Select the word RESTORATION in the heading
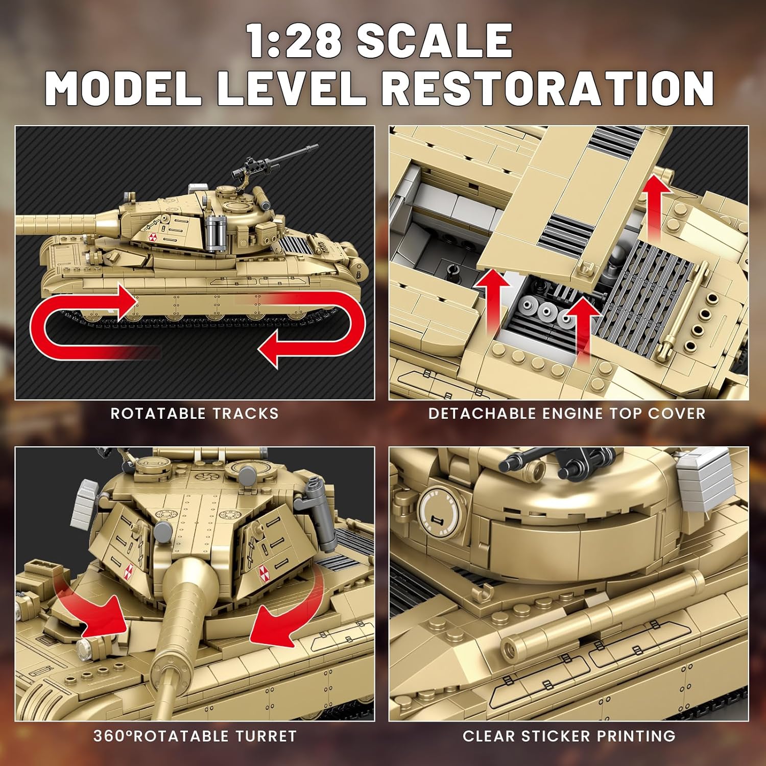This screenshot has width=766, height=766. tap(547, 88)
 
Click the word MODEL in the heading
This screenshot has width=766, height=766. tap(123, 88)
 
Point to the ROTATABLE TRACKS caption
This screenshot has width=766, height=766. tap(195, 413)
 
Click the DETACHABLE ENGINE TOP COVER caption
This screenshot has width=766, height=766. tap(567, 413)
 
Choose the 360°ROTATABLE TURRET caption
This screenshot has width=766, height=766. tap(195, 736)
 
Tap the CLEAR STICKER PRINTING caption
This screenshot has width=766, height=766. tap(569, 736)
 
